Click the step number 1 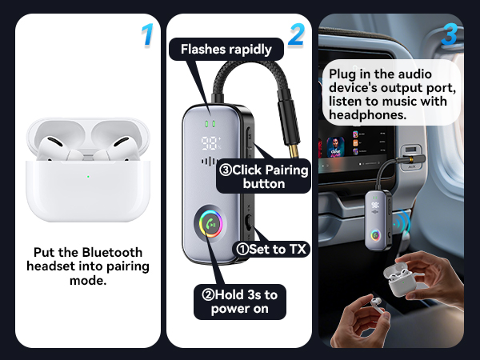146,34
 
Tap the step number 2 296,34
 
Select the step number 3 450,34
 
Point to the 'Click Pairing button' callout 263,177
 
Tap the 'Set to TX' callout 270,248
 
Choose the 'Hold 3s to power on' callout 239,302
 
